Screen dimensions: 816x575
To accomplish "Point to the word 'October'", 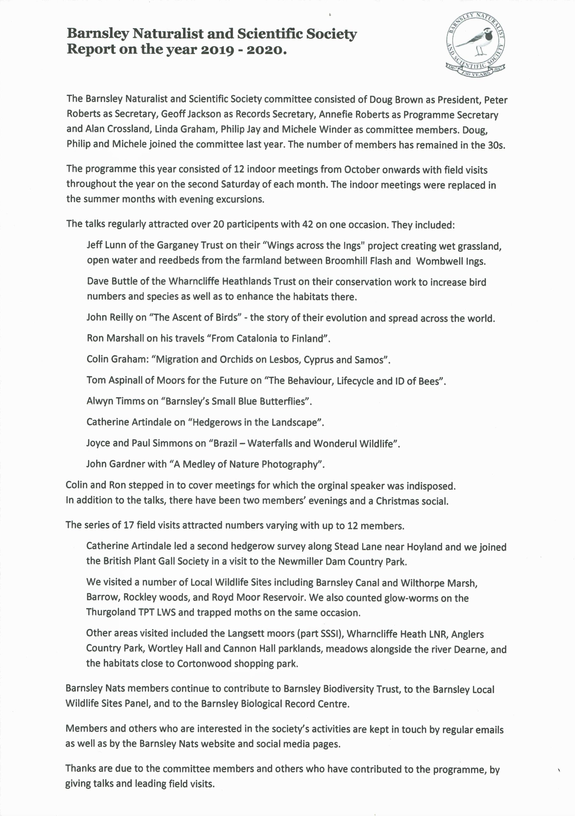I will pyautogui.click(x=361, y=170).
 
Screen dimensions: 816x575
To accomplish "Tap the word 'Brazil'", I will pyautogui.click(x=225, y=443).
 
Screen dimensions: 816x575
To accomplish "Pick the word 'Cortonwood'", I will pyautogui.click(x=204, y=663).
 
